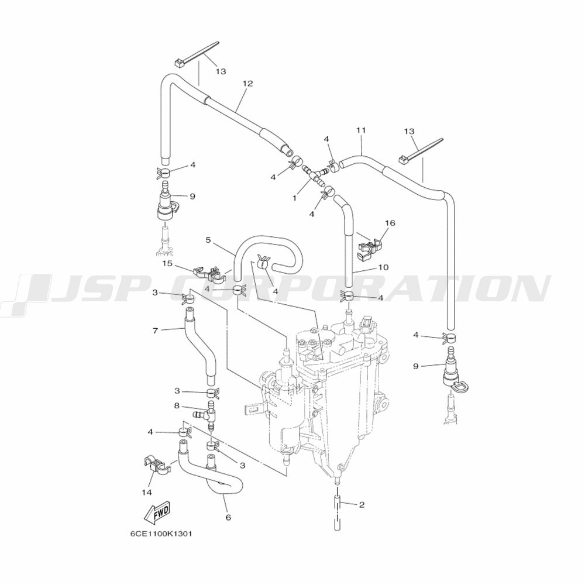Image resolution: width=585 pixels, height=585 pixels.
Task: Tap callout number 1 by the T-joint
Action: click(294, 198)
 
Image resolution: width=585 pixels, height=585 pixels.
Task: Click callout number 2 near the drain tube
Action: click(361, 505)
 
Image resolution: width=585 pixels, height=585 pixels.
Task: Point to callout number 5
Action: click(208, 240)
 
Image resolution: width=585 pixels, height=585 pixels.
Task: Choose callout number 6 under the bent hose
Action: click(228, 517)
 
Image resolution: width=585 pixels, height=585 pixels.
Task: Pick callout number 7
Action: click(156, 330)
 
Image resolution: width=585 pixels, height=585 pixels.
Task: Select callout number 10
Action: click(383, 267)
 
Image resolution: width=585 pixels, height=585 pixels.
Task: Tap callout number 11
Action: click(361, 130)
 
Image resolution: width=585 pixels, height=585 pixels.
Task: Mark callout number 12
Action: click(247, 83)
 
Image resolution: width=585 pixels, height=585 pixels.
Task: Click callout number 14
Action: click(147, 493)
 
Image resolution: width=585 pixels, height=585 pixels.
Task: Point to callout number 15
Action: click(167, 263)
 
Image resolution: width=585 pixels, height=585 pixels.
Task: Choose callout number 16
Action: click(390, 223)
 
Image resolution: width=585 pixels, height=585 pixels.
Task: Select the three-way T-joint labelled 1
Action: click(315, 175)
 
